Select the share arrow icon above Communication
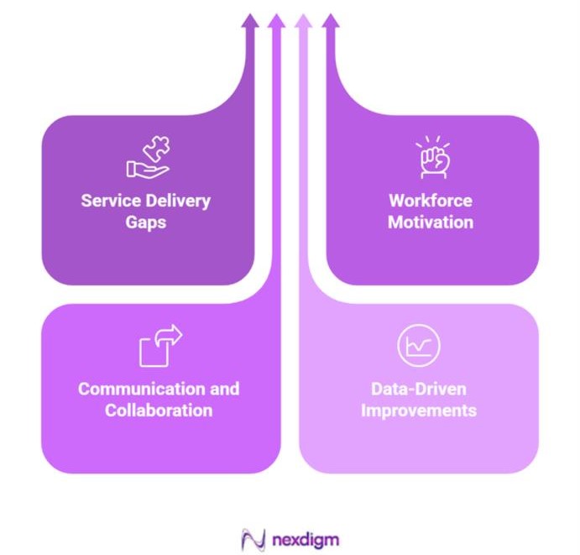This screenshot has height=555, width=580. coord(160,344)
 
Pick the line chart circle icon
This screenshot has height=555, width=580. coord(418,345)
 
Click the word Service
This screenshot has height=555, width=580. coord(111,202)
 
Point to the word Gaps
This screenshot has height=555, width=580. coord(146,223)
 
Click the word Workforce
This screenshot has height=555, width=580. coord(431,202)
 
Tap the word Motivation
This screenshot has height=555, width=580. coord(431,223)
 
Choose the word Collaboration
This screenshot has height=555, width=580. coord(159,411)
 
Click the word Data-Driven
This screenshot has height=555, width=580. coord(418,390)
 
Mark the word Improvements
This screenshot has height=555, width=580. coord(418,411)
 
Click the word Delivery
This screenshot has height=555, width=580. coord(177,202)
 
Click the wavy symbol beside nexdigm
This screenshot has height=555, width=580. coord(253,538)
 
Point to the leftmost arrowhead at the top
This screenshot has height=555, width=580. coord(249,21)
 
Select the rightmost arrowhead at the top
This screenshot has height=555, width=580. coord(331,21)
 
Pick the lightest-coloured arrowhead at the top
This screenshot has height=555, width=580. coord(304,21)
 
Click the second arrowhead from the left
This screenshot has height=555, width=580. coord(276,21)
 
